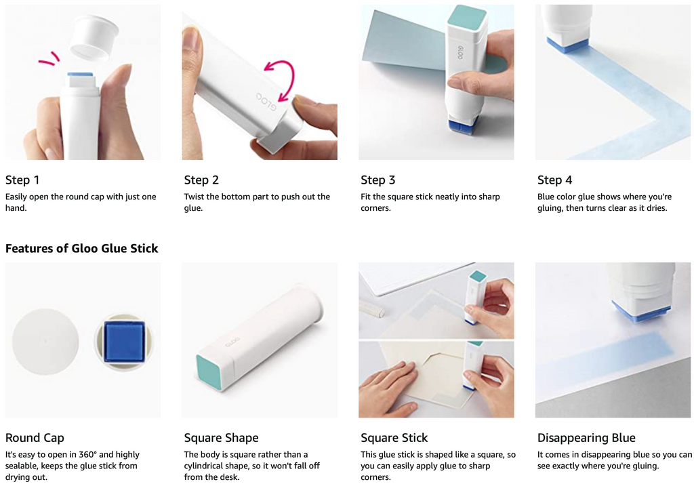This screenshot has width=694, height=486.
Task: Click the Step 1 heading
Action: click(x=22, y=180)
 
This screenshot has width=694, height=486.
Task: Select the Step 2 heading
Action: click(x=201, y=180)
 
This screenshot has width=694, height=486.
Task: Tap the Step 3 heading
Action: click(x=378, y=180)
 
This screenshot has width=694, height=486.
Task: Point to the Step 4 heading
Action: click(x=554, y=180)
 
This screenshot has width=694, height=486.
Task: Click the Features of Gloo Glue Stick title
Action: click(x=81, y=248)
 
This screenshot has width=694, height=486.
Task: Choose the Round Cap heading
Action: click(x=35, y=438)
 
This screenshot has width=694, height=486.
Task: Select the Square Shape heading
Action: click(x=222, y=438)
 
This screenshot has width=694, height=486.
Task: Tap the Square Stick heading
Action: click(x=394, y=438)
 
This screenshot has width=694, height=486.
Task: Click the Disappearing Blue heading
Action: click(x=586, y=438)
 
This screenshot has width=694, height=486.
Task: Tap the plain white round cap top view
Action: click(x=45, y=341)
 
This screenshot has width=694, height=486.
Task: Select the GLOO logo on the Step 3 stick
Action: click(x=460, y=53)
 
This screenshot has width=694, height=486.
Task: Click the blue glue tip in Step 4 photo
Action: click(x=567, y=44)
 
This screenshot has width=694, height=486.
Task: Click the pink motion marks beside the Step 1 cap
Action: click(x=49, y=58)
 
